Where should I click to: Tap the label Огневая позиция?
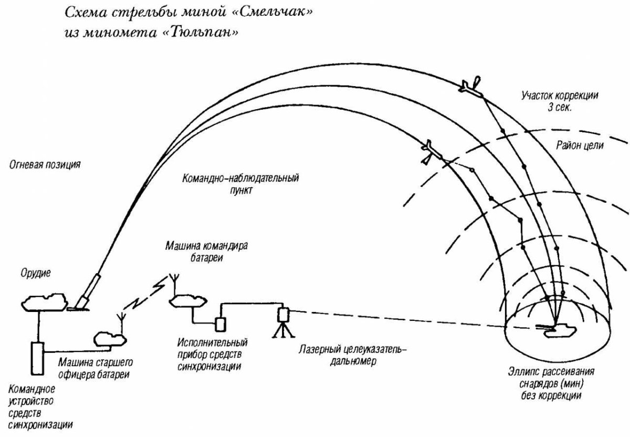point(45,165)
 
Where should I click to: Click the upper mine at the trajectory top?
point(471,88)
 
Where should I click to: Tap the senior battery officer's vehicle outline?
point(109,340)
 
